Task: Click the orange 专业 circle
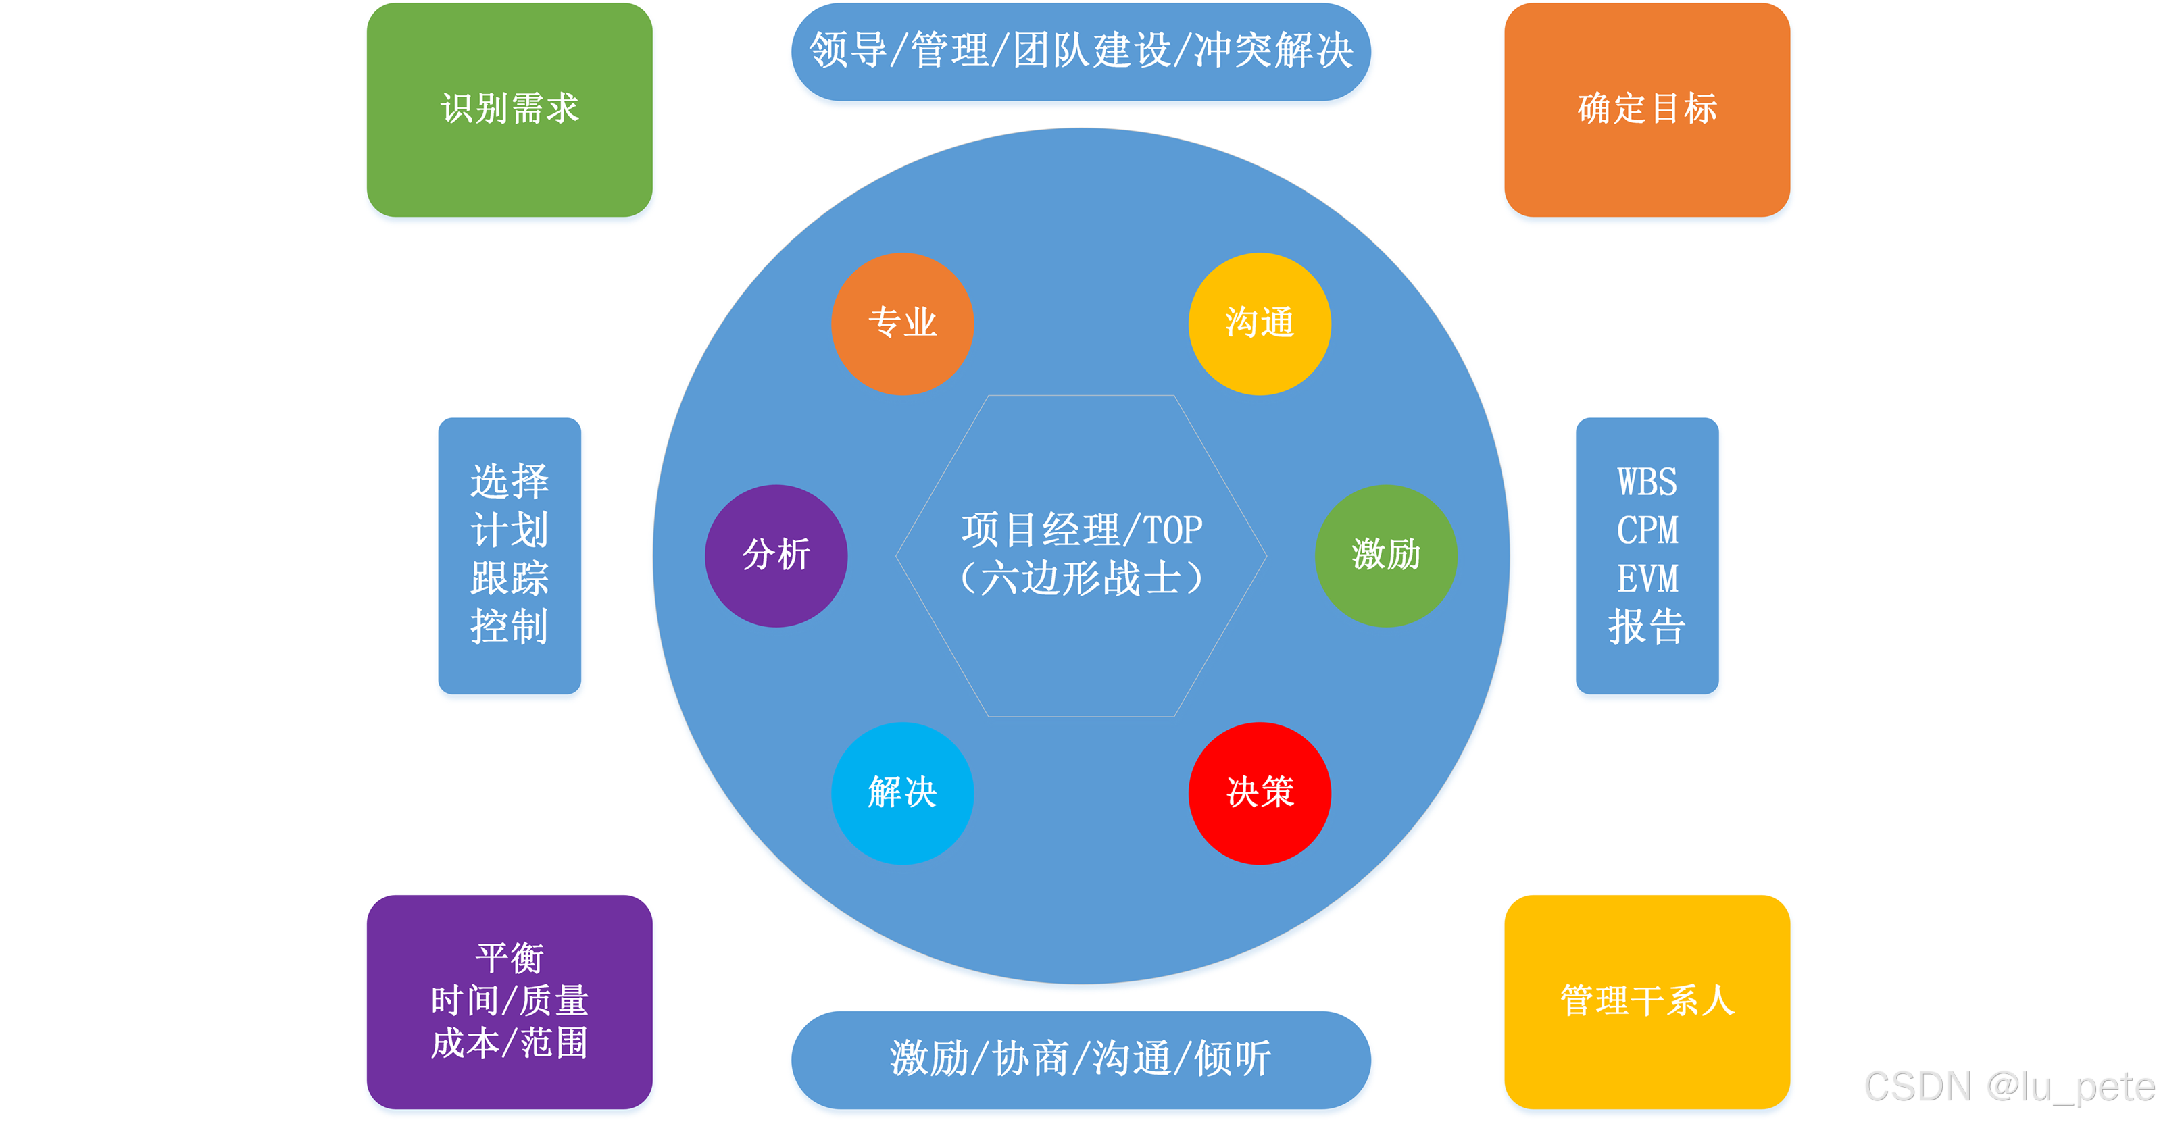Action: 902,324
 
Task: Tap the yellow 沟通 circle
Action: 1259,324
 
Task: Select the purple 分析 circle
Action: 776,555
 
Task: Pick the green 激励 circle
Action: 1385,555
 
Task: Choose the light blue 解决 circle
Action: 902,792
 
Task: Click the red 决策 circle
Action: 1259,792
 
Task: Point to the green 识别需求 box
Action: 510,109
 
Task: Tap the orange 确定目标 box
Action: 1647,109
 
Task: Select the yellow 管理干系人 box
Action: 1647,1001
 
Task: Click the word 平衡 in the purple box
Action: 510,958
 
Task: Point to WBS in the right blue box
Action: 1647,483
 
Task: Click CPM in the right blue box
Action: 1647,530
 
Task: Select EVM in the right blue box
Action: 1647,579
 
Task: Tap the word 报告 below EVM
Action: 1647,627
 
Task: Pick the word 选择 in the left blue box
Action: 510,482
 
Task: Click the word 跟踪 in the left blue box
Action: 510,579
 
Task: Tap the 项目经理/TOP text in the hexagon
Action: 1081,530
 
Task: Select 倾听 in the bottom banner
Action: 1233,1059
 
